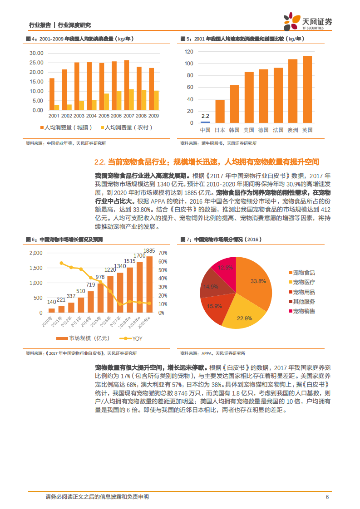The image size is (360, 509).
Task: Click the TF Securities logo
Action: coord(308,21)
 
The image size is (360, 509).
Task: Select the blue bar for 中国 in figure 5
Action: coord(205,122)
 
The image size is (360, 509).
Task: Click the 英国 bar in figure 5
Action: coord(307,89)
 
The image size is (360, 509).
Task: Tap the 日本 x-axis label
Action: coord(220,130)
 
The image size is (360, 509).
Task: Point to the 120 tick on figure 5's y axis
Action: coord(189,52)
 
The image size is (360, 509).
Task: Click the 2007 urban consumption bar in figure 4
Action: coord(126,85)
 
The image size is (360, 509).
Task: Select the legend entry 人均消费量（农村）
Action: coord(125,128)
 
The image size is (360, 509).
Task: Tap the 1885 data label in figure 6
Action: coord(149,250)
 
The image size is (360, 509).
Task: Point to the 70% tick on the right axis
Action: coord(163,253)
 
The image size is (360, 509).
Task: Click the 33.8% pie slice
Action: coord(254,284)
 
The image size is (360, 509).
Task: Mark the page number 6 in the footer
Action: coord(327,497)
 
